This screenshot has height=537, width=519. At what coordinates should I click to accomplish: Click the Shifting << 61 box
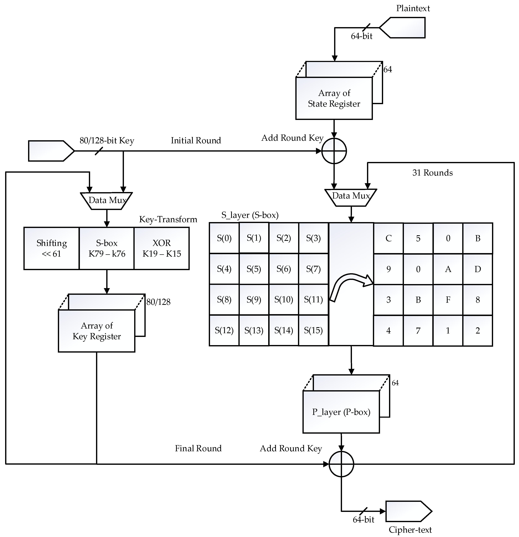tap(51, 248)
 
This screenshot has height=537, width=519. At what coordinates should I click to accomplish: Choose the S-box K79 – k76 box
tap(107, 248)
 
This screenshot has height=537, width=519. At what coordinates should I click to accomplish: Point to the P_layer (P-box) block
tap(341, 412)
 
